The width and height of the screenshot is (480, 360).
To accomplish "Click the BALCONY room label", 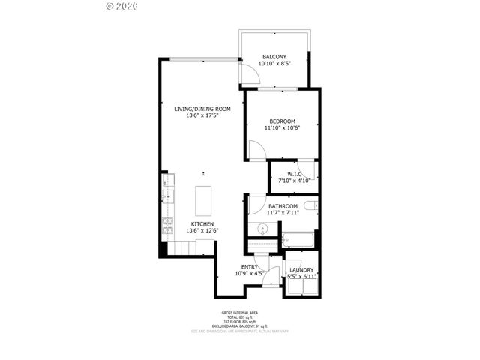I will point(274,57).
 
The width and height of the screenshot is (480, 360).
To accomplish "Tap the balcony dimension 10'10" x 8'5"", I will point(274,64).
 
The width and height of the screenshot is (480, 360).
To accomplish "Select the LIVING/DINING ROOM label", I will point(202,109).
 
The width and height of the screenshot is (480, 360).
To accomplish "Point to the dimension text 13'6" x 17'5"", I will point(202,116).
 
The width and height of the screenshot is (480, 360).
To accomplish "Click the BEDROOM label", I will point(282,121).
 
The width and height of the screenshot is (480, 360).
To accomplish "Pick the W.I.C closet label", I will point(294,174).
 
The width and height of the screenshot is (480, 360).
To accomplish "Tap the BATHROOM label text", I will point(283,206).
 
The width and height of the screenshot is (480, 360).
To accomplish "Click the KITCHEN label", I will point(202,224).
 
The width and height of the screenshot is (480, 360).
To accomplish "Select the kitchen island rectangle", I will point(202,200).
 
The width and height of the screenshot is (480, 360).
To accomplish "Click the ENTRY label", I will point(249,266).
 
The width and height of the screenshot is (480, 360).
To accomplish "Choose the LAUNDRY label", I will point(301,270).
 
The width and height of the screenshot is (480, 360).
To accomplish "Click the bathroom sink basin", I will point(263,229).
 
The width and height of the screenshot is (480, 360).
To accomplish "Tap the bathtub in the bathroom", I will point(299,241).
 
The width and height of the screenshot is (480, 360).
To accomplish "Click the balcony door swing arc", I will point(245,73).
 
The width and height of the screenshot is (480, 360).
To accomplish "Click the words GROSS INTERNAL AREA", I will point(239,313).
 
